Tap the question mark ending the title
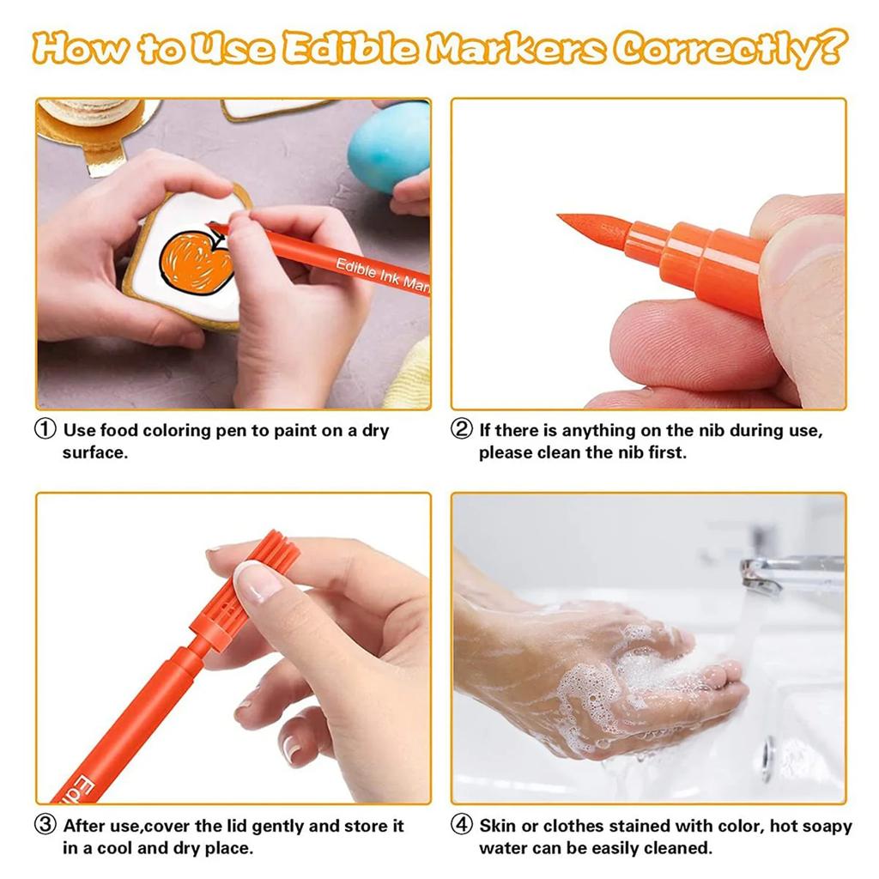click(x=828, y=49)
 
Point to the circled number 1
click(x=46, y=430)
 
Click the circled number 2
click(x=462, y=430)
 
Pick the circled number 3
click(x=46, y=826)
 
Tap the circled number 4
click(x=462, y=826)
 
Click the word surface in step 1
click(x=94, y=452)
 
